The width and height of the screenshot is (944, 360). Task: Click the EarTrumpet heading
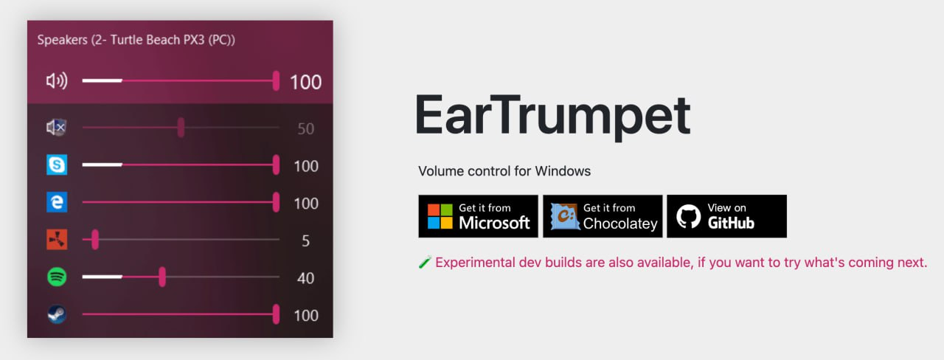(552, 116)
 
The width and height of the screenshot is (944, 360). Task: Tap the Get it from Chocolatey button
(602, 216)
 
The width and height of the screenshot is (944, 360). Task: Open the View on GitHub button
(726, 216)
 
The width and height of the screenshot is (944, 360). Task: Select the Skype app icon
(57, 165)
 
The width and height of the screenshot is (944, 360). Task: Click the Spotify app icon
(57, 277)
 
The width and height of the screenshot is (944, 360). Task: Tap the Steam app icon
(57, 315)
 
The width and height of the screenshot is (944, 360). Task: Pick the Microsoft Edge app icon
(57, 203)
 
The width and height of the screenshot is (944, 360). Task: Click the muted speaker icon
(57, 128)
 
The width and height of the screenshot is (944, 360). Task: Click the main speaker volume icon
(57, 81)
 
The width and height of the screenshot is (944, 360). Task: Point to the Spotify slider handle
(162, 277)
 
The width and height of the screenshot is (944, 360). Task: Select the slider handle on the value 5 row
(95, 240)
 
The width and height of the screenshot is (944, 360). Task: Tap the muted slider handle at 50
(181, 128)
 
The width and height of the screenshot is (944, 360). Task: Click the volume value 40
(305, 278)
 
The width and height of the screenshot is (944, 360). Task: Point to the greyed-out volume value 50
(305, 129)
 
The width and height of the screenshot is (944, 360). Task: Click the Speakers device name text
(136, 40)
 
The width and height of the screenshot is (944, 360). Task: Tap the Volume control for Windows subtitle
(504, 171)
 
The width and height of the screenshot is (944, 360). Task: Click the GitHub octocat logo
(688, 216)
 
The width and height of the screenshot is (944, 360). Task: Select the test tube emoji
(424, 263)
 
